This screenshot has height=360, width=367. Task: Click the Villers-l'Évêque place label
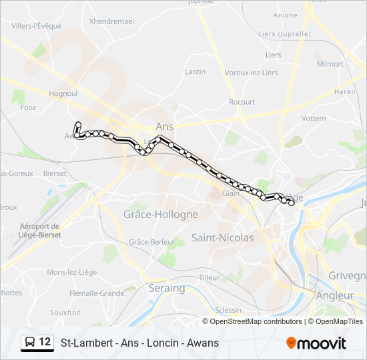click(x=37, y=26)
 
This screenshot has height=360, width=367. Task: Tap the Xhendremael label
click(x=111, y=21)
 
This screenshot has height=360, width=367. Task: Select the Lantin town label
click(x=195, y=71)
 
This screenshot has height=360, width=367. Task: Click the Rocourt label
click(x=242, y=102)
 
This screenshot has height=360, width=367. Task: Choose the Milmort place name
click(x=330, y=64)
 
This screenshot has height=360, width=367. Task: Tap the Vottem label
click(x=314, y=118)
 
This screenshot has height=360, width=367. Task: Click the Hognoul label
click(x=63, y=94)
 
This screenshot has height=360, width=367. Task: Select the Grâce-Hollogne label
click(x=161, y=214)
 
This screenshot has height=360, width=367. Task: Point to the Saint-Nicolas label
click(x=222, y=237)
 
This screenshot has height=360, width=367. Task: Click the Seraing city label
click(x=166, y=288)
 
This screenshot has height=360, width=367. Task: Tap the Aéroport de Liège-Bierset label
click(x=39, y=231)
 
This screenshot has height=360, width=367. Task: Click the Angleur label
click(x=336, y=295)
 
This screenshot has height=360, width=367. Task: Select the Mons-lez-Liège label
click(x=71, y=272)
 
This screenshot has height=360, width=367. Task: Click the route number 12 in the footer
click(x=45, y=342)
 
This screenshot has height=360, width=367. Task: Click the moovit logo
click(x=316, y=343)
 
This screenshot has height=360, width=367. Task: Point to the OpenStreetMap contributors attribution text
click(x=256, y=321)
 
